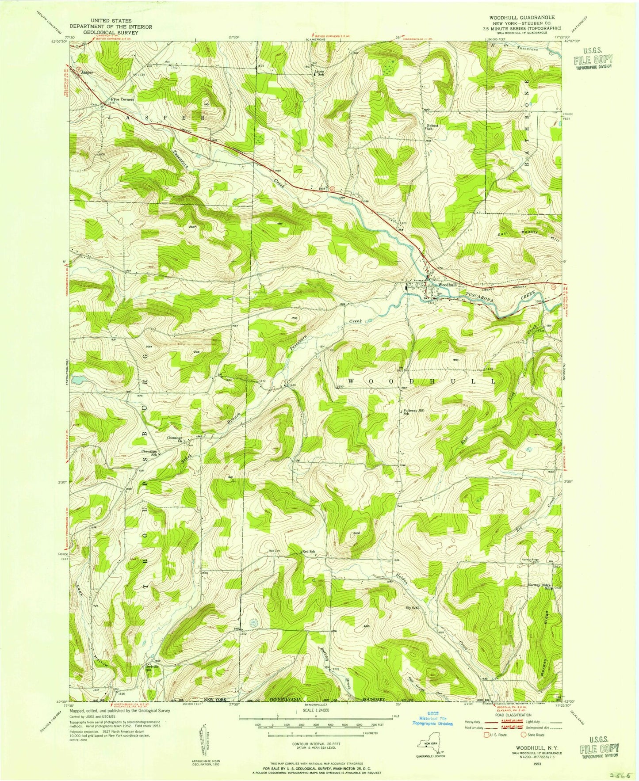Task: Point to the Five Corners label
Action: pos(122,100)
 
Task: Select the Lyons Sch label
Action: pos(319,73)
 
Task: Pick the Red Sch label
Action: pos(309,552)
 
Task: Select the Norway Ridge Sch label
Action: pos(540,587)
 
